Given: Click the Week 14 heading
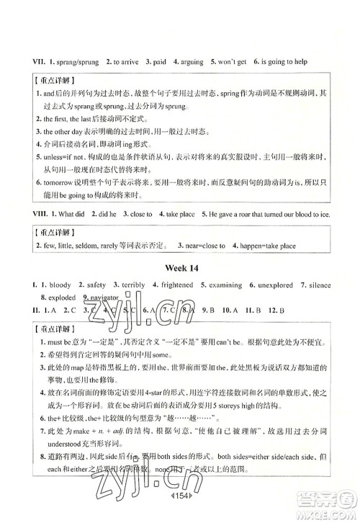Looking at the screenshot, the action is (x=180, y=268).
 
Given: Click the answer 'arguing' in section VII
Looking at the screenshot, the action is (x=189, y=63).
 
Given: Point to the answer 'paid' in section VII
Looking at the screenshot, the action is (x=158, y=63).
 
